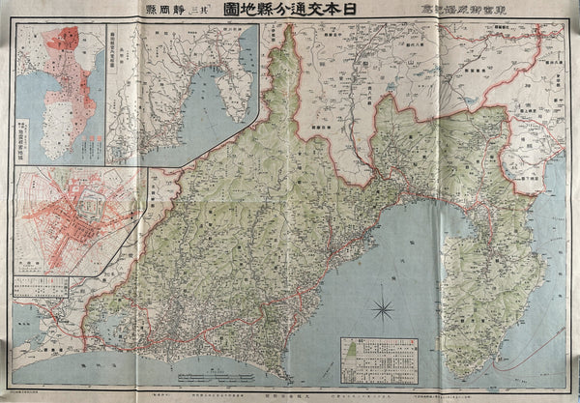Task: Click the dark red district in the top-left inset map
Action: [70, 41]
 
